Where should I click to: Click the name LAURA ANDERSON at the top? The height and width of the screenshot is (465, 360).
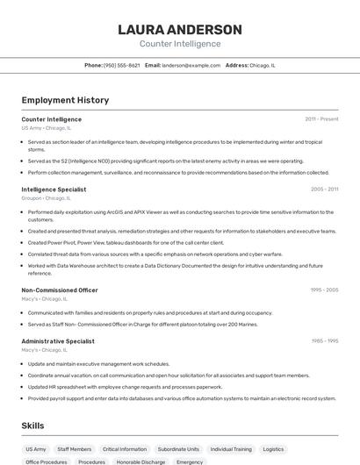click(x=179, y=30)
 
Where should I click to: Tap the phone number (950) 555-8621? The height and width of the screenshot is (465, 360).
click(x=121, y=65)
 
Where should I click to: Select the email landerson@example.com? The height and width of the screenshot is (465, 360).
click(x=191, y=65)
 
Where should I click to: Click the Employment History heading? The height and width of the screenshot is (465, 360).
click(x=65, y=100)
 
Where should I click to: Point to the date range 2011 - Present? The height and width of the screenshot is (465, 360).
click(x=321, y=118)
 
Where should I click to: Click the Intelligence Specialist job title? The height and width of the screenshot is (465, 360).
click(x=54, y=189)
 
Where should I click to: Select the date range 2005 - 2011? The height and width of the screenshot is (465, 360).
click(x=324, y=189)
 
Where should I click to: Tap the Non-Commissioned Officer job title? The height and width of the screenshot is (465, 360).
click(x=60, y=290)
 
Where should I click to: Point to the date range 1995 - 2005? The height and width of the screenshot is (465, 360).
click(x=324, y=290)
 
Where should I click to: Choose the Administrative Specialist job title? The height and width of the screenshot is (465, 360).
click(x=58, y=340)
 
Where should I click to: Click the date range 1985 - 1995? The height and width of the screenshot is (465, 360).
click(x=324, y=340)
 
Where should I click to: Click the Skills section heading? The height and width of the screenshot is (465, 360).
click(x=33, y=426)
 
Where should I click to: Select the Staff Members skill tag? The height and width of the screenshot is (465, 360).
click(x=75, y=449)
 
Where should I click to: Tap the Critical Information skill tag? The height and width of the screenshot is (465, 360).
click(x=125, y=449)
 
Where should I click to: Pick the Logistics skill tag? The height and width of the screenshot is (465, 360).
click(x=273, y=449)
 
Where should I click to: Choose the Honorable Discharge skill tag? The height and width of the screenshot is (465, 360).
click(x=141, y=461)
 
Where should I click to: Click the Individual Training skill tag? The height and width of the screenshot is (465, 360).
click(x=231, y=449)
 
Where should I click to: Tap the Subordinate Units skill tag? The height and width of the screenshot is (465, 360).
click(x=178, y=449)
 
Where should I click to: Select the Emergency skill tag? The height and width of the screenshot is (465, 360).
click(x=190, y=461)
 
